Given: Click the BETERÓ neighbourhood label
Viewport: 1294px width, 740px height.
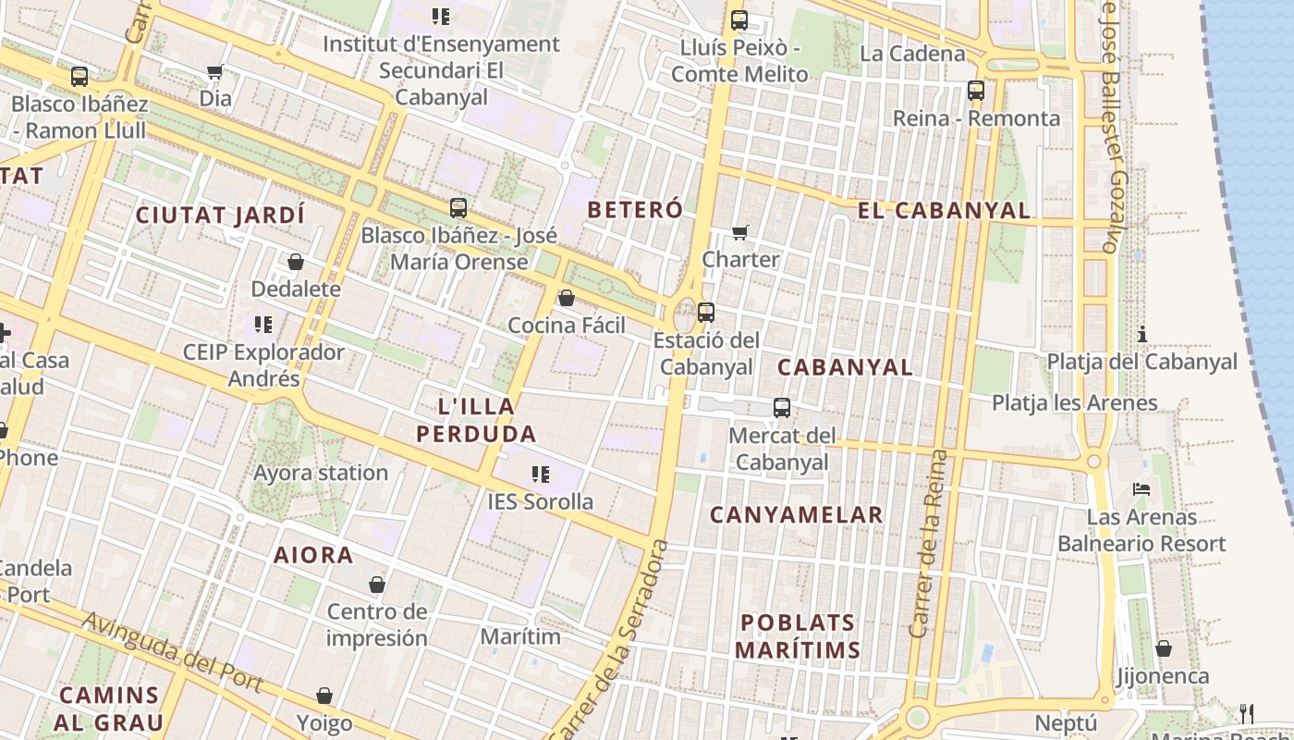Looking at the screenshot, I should tap(635, 210).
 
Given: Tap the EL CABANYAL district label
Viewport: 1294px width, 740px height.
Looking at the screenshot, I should tap(944, 211).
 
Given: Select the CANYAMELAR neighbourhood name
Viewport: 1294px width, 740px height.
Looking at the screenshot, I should tap(796, 515).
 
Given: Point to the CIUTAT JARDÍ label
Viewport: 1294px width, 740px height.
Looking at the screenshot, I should tap(220, 216).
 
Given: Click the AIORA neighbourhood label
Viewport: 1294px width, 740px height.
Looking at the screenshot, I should tap(313, 556).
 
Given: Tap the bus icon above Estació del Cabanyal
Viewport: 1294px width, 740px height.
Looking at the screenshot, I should tap(706, 313).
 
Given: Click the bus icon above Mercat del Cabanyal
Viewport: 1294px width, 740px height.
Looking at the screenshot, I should tap(782, 408).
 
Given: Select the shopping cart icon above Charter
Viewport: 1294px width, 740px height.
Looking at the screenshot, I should tap(739, 232).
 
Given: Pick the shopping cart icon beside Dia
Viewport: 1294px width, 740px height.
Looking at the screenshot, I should tap(215, 72).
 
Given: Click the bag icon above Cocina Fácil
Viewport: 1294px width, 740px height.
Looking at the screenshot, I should tap(567, 298).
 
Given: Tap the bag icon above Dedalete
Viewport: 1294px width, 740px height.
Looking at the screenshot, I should tap(296, 262).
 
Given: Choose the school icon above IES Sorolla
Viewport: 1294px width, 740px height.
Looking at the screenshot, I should tap(541, 475).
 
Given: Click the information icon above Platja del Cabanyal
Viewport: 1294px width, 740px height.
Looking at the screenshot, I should tap(1142, 334).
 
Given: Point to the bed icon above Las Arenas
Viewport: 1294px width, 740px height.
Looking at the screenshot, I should tap(1142, 488).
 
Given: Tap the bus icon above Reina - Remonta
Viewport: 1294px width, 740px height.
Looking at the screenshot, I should tap(976, 91).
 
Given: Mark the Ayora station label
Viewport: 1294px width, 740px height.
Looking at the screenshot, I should tap(321, 474).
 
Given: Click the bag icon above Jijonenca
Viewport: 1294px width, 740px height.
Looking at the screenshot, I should tap(1164, 649).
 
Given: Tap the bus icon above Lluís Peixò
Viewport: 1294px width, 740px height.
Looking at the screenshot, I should tap(739, 20).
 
